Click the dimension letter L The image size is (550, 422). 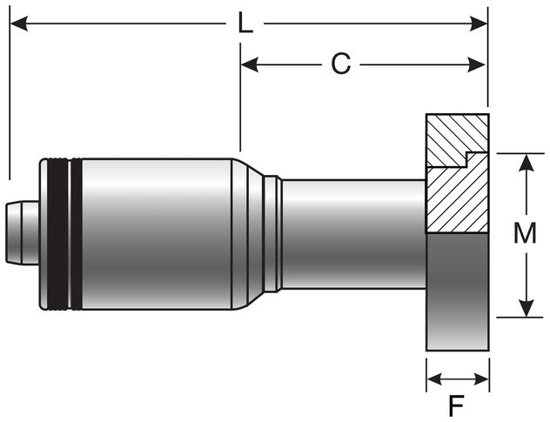(245, 23)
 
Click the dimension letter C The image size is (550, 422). (341, 64)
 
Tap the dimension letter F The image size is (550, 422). (456, 405)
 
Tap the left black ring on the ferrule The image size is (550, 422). (55, 233)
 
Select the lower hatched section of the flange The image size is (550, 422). (457, 200)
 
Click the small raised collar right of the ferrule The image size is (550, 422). (273, 233)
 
